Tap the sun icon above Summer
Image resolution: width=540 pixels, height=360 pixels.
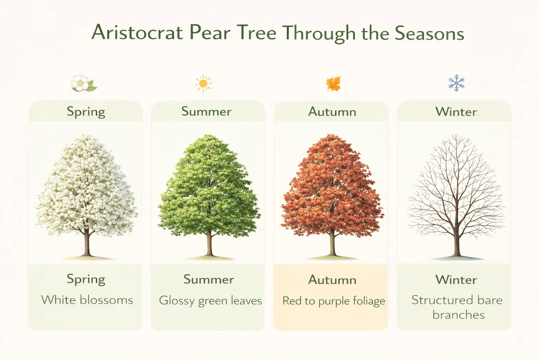(x=204, y=84)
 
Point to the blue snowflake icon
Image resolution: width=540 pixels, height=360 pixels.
(x=456, y=83)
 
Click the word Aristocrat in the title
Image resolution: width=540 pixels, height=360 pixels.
(x=137, y=33)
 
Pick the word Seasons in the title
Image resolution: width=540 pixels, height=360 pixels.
(x=429, y=33)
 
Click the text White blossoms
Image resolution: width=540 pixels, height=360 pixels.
(x=87, y=300)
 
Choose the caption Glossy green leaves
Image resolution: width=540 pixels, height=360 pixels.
(x=210, y=301)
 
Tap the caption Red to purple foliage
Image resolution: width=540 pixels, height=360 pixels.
(x=334, y=301)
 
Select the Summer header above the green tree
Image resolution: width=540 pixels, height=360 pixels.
(x=206, y=111)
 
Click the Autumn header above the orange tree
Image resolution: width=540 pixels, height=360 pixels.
(x=332, y=112)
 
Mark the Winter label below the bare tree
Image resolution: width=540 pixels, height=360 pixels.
(x=456, y=279)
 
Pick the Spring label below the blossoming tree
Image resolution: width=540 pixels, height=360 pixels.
(x=86, y=279)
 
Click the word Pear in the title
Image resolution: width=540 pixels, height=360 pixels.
(x=210, y=33)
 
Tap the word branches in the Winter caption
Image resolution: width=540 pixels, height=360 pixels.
(x=458, y=315)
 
